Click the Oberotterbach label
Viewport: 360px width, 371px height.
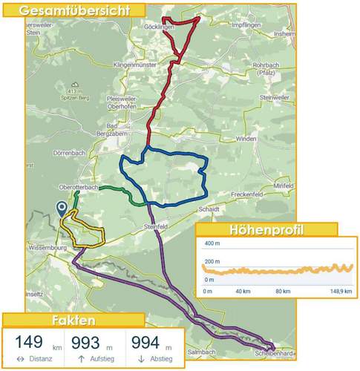click(x=76, y=186)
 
